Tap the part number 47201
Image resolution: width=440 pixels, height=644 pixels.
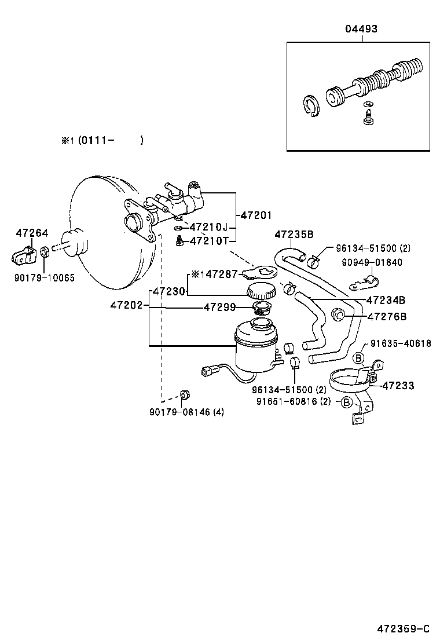pyautogui.click(x=256, y=215)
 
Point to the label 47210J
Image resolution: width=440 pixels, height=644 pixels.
pyautogui.click(x=209, y=227)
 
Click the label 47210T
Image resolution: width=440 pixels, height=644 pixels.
pyautogui.click(x=209, y=240)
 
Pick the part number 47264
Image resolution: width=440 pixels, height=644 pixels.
pyautogui.click(x=32, y=233)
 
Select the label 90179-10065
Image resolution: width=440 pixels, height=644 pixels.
pyautogui.click(x=45, y=277)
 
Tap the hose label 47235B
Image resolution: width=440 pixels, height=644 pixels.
pyautogui.click(x=294, y=235)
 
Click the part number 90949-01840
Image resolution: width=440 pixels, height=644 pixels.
pyautogui.click(x=372, y=262)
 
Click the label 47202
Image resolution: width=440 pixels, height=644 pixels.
pyautogui.click(x=126, y=304)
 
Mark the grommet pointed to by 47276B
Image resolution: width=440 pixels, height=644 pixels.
pyautogui.click(x=338, y=316)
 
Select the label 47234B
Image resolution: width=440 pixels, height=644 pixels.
pyautogui.click(x=386, y=300)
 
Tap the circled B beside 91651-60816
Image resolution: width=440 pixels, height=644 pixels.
pyautogui.click(x=346, y=401)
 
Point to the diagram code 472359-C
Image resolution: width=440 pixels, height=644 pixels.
pyautogui.click(x=404, y=628)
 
